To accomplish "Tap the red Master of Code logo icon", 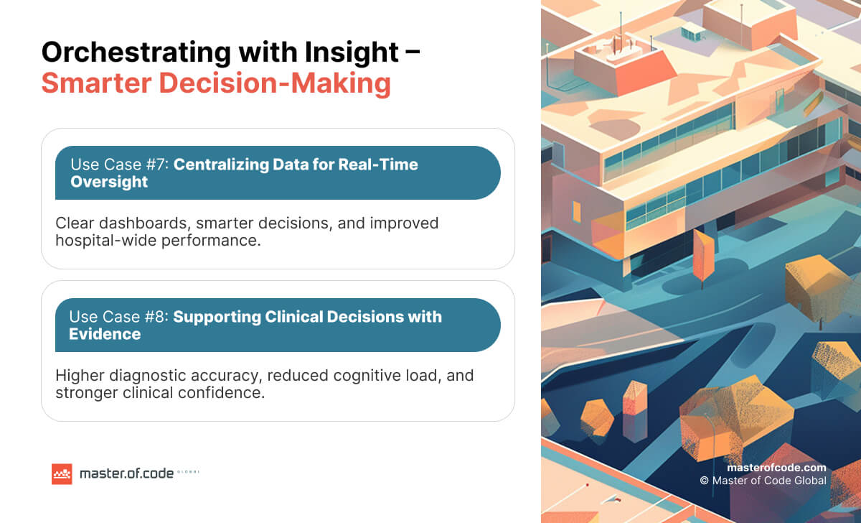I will pos(62,474).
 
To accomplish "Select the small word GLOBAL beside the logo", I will pos(189,473).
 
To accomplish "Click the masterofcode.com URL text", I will pos(776,468).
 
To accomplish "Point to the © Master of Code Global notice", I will pos(763,481).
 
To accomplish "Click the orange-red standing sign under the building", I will pos(703,256).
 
